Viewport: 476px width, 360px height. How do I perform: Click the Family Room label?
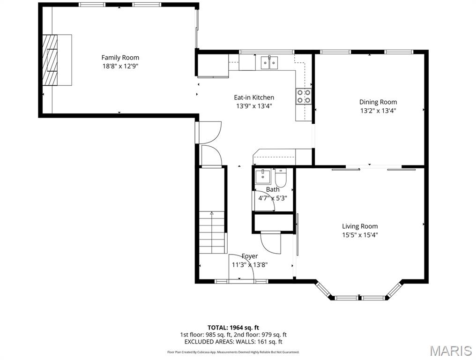[x=120, y=58]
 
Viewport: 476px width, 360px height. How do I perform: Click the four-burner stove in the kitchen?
[x=304, y=96]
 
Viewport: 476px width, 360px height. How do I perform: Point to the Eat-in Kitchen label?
[x=254, y=97]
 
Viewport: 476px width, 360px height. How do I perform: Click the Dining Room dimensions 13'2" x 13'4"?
[x=378, y=111]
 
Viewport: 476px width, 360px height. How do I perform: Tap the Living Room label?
[x=360, y=226]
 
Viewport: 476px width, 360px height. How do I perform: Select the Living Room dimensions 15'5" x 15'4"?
[x=360, y=235]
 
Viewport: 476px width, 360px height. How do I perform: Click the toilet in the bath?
[x=281, y=178]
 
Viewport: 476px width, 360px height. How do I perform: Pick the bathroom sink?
[x=262, y=177]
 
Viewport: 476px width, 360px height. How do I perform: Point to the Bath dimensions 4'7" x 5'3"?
[x=273, y=198]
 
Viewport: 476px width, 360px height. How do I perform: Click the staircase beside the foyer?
[x=212, y=232]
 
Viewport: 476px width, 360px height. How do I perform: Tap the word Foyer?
[x=250, y=256]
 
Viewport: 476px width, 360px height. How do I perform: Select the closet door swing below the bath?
[x=271, y=242]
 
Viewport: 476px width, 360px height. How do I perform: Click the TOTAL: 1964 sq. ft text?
[x=233, y=327]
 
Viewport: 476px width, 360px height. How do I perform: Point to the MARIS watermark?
[x=451, y=351]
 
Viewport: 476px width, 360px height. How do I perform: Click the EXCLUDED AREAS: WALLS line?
[x=233, y=342]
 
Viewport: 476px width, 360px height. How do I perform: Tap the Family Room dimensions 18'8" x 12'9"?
[x=120, y=66]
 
